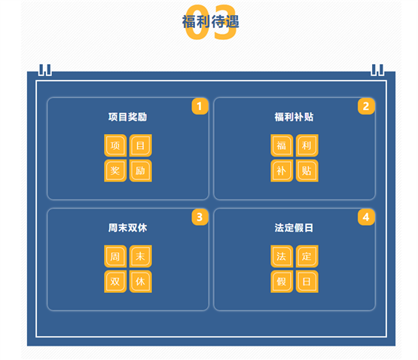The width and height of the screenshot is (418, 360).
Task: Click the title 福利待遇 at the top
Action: pyautogui.click(x=211, y=22)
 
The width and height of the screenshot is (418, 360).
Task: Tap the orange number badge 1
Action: pyautogui.click(x=200, y=106)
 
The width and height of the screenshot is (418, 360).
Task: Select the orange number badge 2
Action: pyautogui.click(x=366, y=106)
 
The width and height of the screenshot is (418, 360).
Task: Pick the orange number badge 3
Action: pyautogui.click(x=200, y=217)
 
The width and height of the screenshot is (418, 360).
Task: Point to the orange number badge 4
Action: pyautogui.click(x=366, y=217)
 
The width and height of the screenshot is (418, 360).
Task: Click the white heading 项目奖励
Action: pyautogui.click(x=127, y=117)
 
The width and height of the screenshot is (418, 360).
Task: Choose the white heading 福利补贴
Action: pyautogui.click(x=294, y=117)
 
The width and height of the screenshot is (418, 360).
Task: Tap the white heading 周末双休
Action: pyautogui.click(x=127, y=228)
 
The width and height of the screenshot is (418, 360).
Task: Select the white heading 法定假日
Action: pyautogui.click(x=294, y=228)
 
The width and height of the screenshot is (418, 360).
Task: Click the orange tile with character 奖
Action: pyautogui.click(x=115, y=171)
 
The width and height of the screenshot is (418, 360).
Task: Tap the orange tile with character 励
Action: pyautogui.click(x=141, y=171)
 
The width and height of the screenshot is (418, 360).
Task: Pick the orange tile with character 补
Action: pyautogui.click(x=282, y=171)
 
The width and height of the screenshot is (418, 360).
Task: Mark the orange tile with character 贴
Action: pyautogui.click(x=307, y=171)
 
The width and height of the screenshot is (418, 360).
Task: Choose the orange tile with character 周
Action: pyautogui.click(x=115, y=256)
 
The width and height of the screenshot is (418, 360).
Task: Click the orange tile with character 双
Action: pyautogui.click(x=115, y=282)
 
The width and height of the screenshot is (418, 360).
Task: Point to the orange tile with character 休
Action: pyautogui.click(x=141, y=282)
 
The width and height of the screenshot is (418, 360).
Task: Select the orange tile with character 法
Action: pyautogui.click(x=282, y=256)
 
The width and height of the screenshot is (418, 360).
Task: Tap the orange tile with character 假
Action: pyautogui.click(x=282, y=282)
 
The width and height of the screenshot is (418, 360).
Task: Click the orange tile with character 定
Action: pyautogui.click(x=307, y=256)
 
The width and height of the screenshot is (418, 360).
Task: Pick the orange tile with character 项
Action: pyautogui.click(x=115, y=145)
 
